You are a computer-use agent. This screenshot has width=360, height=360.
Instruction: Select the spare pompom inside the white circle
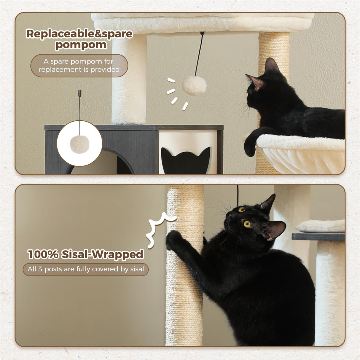point(79,143)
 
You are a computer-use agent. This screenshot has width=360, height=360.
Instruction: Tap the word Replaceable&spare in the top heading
point(79,34)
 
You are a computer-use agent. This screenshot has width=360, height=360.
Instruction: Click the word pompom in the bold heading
point(81,45)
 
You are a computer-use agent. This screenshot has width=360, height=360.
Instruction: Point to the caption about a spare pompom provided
point(79,66)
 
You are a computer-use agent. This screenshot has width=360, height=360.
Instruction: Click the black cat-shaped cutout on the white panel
point(185,160)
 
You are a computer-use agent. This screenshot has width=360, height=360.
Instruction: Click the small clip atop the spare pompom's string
point(79,93)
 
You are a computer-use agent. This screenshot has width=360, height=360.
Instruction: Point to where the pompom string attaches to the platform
point(202,33)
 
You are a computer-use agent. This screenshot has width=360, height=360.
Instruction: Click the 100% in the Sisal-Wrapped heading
point(43,254)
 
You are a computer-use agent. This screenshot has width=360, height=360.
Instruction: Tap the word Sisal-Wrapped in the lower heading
point(102,254)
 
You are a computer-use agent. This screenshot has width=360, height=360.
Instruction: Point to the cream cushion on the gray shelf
point(320,226)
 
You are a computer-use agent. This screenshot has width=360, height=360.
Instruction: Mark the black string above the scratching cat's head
point(238,194)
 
